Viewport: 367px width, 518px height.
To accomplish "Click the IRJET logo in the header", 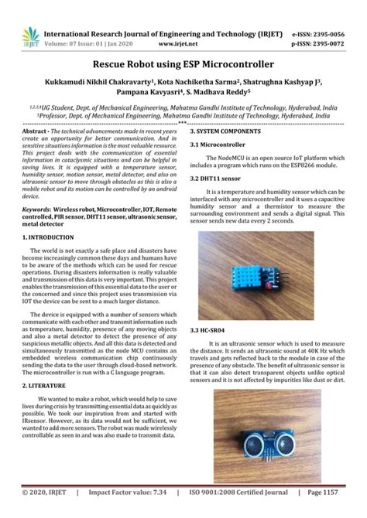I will click(x=29, y=37).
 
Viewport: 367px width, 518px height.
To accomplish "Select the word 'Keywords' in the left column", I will click(x=38, y=209).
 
